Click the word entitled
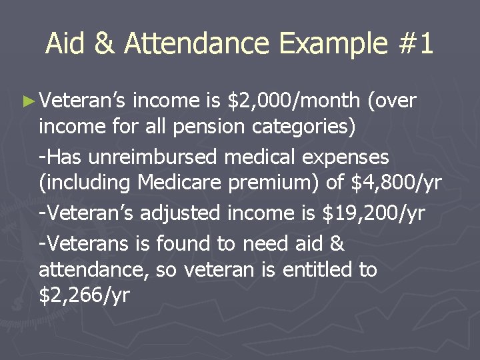(x=319, y=270)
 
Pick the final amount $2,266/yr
(x=84, y=295)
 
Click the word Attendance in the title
(x=197, y=44)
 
